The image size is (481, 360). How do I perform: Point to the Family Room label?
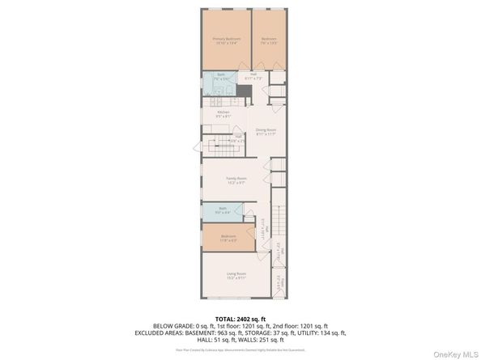tap(236, 180)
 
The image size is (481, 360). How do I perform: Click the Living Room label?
tap(236, 275)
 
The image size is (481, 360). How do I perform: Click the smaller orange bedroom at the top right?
tap(269, 40)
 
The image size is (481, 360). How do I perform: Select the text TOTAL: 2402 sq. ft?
tap(240, 319)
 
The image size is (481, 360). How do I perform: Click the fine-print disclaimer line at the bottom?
tap(240, 349)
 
